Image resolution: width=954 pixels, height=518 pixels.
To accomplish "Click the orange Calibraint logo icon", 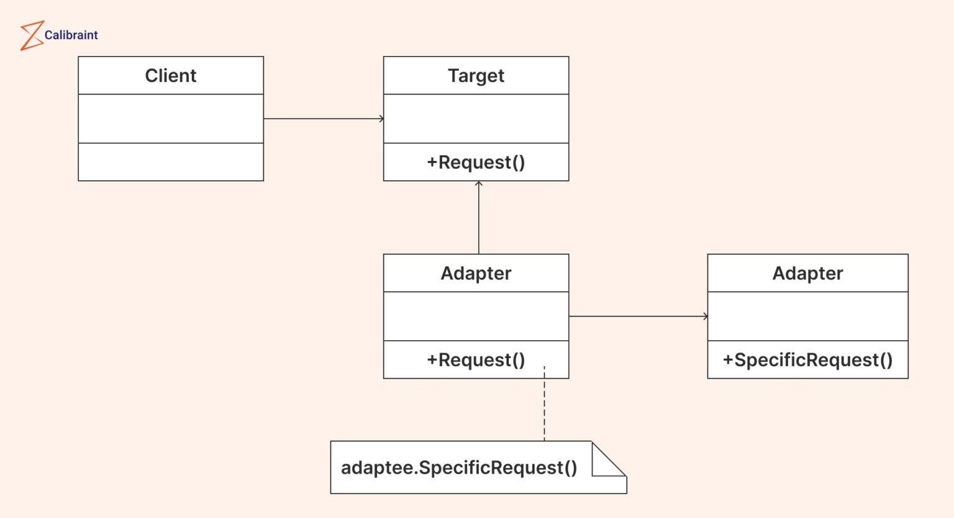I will point(31,35).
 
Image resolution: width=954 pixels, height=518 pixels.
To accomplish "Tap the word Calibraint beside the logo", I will point(71,35).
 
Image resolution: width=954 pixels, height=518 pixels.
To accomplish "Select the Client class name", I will point(171,76).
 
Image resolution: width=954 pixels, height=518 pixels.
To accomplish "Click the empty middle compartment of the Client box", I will point(171,119).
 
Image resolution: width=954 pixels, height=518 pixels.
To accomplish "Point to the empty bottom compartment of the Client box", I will point(171,162).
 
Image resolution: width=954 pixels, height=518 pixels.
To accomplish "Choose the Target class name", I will point(476,76).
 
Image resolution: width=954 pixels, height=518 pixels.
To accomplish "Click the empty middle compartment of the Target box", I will point(476,119).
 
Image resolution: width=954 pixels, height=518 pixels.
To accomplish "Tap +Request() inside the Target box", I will point(476,162).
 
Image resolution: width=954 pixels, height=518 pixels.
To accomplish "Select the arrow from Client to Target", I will point(323,119).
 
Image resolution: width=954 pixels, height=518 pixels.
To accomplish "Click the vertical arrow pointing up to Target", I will point(479,218).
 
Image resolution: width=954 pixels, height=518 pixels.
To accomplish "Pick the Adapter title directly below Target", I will point(476,274).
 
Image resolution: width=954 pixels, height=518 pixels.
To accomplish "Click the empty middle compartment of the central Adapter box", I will point(476,317).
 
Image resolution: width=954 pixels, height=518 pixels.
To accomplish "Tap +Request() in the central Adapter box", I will point(476,360).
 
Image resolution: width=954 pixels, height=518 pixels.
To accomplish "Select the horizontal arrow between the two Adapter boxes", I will point(638,317).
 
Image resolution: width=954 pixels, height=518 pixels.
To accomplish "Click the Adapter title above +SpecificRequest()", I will point(807,274).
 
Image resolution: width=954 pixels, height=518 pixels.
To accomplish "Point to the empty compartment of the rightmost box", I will point(807,317).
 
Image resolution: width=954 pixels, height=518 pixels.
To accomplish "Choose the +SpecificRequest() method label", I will point(807,360).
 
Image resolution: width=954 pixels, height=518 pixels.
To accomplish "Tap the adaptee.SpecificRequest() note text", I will point(459,468).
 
